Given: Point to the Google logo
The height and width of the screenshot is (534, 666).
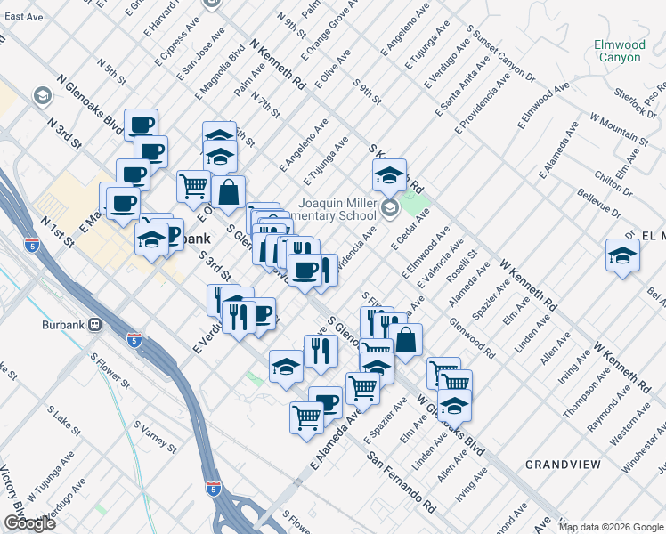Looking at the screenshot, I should tap(28, 523).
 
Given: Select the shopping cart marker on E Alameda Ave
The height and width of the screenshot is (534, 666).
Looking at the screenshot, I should tap(307, 416).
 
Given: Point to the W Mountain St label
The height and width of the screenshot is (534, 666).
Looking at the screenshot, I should tap(618, 129).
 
